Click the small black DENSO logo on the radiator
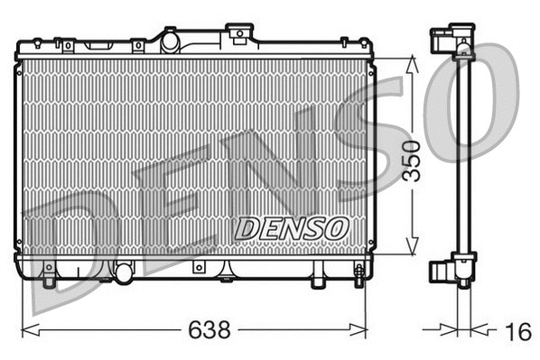[290, 227]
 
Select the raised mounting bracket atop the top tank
[239, 33]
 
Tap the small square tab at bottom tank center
[197, 268]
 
